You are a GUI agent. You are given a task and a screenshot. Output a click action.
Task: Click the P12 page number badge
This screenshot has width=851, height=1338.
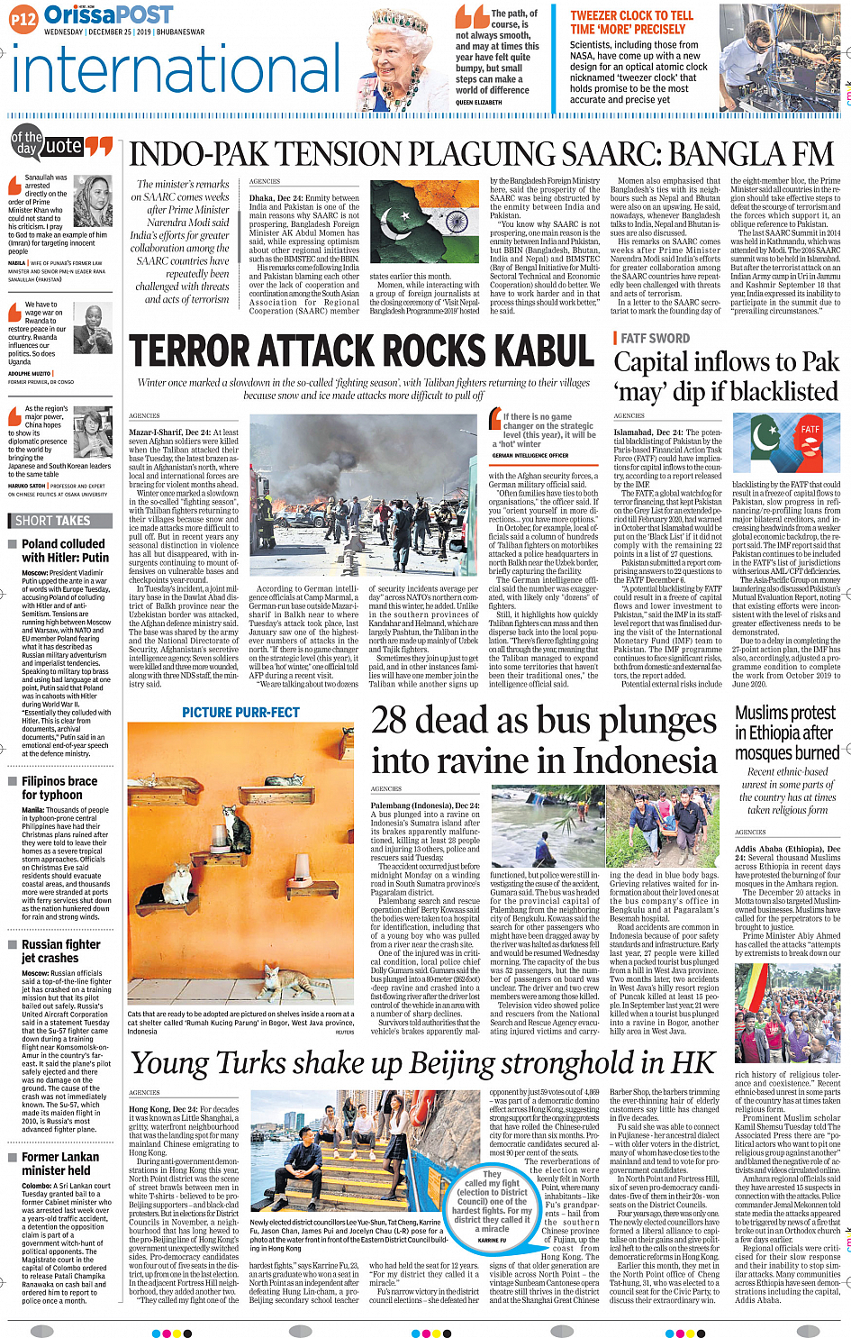point(24,18)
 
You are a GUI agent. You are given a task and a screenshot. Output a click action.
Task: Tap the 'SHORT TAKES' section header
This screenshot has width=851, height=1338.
point(53,521)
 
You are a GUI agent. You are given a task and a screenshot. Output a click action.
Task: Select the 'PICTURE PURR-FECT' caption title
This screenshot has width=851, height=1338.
point(240,713)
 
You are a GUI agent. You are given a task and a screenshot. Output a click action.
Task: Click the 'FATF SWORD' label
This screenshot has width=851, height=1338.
point(655,338)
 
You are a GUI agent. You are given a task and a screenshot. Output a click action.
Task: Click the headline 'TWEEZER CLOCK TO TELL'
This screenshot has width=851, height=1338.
point(631,15)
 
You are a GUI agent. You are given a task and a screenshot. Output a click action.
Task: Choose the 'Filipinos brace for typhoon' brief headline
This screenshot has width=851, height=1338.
point(59,788)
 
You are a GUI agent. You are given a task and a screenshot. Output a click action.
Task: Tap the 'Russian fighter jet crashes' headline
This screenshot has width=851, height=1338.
point(61,951)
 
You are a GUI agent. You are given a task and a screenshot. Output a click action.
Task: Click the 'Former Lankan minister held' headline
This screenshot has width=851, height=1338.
point(60,1163)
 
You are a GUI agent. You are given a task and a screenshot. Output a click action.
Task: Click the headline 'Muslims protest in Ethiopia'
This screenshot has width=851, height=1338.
point(786,732)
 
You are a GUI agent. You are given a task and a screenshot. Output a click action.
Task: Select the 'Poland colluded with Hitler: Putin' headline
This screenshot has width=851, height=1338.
point(65,551)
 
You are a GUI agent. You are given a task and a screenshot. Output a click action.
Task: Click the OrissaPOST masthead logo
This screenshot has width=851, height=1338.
point(108,15)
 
